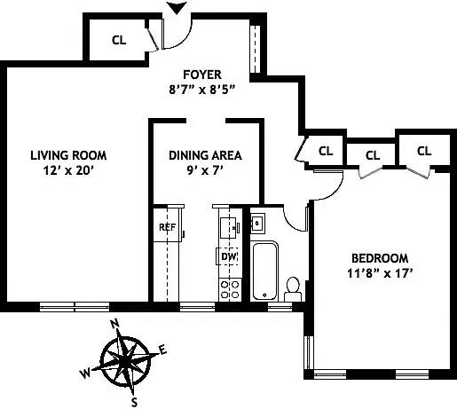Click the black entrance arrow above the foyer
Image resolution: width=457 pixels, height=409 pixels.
[x=177, y=8]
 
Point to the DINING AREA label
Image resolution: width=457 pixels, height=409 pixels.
[x=205, y=155]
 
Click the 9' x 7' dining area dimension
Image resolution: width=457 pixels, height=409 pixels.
[x=205, y=170]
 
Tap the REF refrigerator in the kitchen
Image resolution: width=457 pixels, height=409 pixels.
[x=166, y=226]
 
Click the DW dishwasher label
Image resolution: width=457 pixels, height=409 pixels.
[x=227, y=257]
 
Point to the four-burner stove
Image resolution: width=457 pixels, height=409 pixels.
[x=229, y=287]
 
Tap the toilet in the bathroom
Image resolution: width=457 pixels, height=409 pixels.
[x=292, y=287]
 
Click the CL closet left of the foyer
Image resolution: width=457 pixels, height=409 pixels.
[x=118, y=39]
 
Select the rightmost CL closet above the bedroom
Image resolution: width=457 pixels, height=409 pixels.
[x=423, y=151]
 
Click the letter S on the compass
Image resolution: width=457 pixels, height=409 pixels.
[x=135, y=401]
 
